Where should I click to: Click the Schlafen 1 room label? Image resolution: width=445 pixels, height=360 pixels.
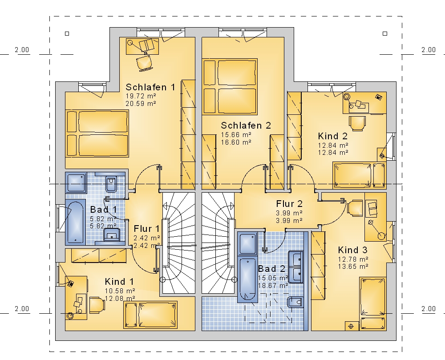pyautogui.click(x=150, y=87)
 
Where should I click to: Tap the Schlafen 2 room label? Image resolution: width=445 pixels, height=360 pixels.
pyautogui.click(x=246, y=125)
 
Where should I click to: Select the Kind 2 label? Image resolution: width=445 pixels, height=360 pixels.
pyautogui.click(x=332, y=136)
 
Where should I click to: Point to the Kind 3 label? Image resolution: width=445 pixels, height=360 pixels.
pyautogui.click(x=352, y=250)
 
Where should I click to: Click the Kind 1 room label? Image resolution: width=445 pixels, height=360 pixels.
pyautogui.click(x=119, y=282)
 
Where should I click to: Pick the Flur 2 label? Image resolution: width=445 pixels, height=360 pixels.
pyautogui.click(x=289, y=204)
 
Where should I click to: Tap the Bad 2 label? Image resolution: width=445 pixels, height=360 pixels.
pyautogui.click(x=271, y=268)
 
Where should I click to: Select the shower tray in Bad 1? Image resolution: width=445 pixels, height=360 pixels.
pyautogui.click(x=76, y=183)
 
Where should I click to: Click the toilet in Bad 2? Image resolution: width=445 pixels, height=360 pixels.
pyautogui.click(x=295, y=302)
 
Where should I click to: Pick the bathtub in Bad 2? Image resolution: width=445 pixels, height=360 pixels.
pyautogui.click(x=247, y=279)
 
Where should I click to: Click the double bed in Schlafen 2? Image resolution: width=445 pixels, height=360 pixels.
pyautogui.click(x=230, y=86)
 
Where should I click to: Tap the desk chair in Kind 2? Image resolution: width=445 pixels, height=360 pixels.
pyautogui.click(x=357, y=123)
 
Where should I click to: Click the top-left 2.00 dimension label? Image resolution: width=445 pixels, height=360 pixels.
pyautogui.click(x=22, y=50)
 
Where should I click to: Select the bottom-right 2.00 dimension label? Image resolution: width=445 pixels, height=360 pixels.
pyautogui.click(x=428, y=309)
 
